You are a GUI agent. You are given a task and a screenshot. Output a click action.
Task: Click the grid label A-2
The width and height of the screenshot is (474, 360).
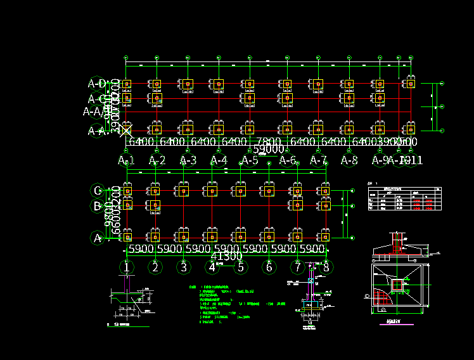tap(157, 161)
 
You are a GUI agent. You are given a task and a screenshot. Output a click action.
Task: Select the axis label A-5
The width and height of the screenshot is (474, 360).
tap(250, 161)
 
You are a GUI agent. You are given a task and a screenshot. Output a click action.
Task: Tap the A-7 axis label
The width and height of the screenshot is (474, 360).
tap(318, 161)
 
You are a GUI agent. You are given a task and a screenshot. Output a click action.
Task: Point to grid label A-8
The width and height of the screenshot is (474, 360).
tap(349, 161)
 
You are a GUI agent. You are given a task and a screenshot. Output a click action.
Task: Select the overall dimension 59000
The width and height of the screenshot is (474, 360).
tap(268, 150)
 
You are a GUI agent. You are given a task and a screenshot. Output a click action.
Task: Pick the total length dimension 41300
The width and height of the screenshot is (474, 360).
tap(226, 257)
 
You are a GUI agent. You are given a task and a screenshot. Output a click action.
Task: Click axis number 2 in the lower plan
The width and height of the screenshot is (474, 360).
tap(155, 267)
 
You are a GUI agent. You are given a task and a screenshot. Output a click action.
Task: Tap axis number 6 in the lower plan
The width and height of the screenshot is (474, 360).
tap(269, 267)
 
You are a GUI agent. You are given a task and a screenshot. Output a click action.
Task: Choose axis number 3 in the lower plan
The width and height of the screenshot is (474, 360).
tap(184, 267)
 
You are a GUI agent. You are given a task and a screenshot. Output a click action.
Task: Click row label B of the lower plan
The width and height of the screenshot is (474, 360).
tap(98, 206)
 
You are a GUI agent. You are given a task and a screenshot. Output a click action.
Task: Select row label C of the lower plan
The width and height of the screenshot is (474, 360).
tap(98, 190)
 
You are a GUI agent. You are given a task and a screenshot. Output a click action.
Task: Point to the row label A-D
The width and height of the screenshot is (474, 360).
tap(98, 84)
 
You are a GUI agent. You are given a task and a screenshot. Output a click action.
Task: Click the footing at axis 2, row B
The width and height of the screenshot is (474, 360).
tap(155, 205)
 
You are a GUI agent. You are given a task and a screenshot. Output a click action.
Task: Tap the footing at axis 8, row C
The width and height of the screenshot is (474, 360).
tap(325, 190)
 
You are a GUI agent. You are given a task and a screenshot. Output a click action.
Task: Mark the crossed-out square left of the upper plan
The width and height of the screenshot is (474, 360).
tap(127, 131)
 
